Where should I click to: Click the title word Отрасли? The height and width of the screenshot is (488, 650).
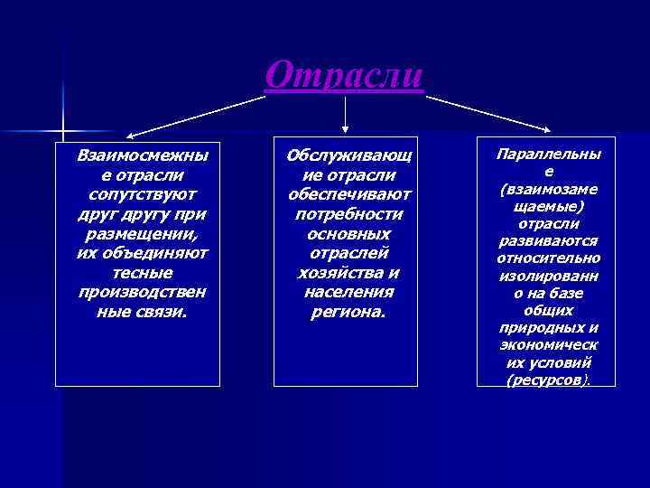pyautogui.click(x=344, y=75)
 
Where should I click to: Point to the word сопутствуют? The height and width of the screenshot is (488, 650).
pyautogui.click(x=142, y=194)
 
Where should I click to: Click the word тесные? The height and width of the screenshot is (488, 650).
pyautogui.click(x=142, y=272)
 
